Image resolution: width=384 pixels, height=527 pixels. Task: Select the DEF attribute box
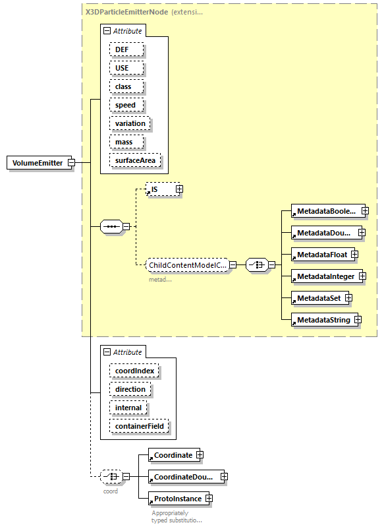click(x=122, y=49)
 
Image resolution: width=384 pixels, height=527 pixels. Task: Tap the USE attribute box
click(x=122, y=68)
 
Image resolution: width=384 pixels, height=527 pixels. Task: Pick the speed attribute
click(x=124, y=105)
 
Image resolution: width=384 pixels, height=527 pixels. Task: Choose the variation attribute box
click(x=129, y=123)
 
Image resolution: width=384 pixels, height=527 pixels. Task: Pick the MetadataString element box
click(x=322, y=320)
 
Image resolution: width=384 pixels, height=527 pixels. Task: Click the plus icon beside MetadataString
click(x=358, y=320)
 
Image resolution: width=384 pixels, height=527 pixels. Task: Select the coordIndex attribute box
click(x=134, y=371)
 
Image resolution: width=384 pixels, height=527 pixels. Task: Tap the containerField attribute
click(x=139, y=426)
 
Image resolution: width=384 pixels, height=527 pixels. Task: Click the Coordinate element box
click(x=173, y=455)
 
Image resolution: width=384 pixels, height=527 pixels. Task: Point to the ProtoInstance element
click(x=176, y=499)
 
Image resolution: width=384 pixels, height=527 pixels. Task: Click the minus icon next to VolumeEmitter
click(x=71, y=163)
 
